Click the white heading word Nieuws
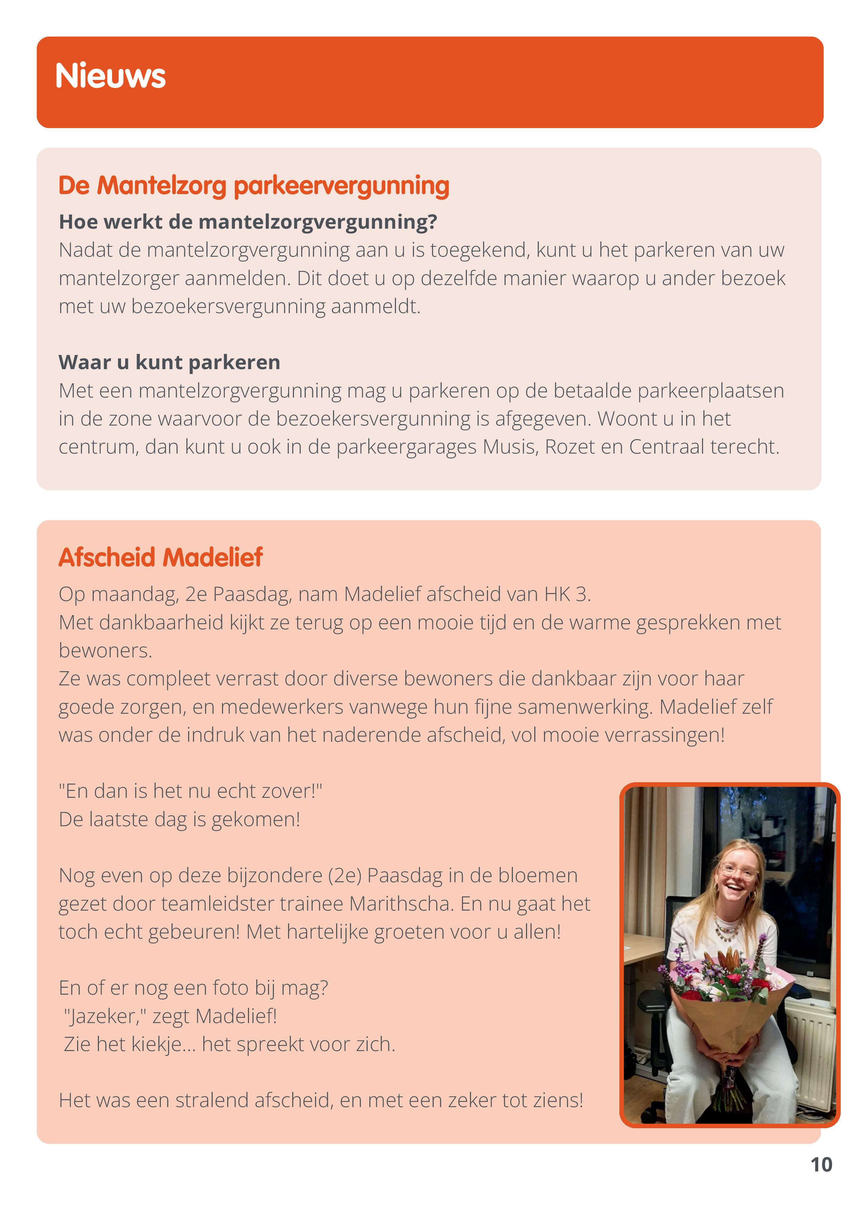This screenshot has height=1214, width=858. [110, 76]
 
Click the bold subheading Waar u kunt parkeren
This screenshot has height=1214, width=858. [169, 362]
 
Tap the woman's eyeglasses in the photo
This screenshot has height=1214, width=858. [739, 869]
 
